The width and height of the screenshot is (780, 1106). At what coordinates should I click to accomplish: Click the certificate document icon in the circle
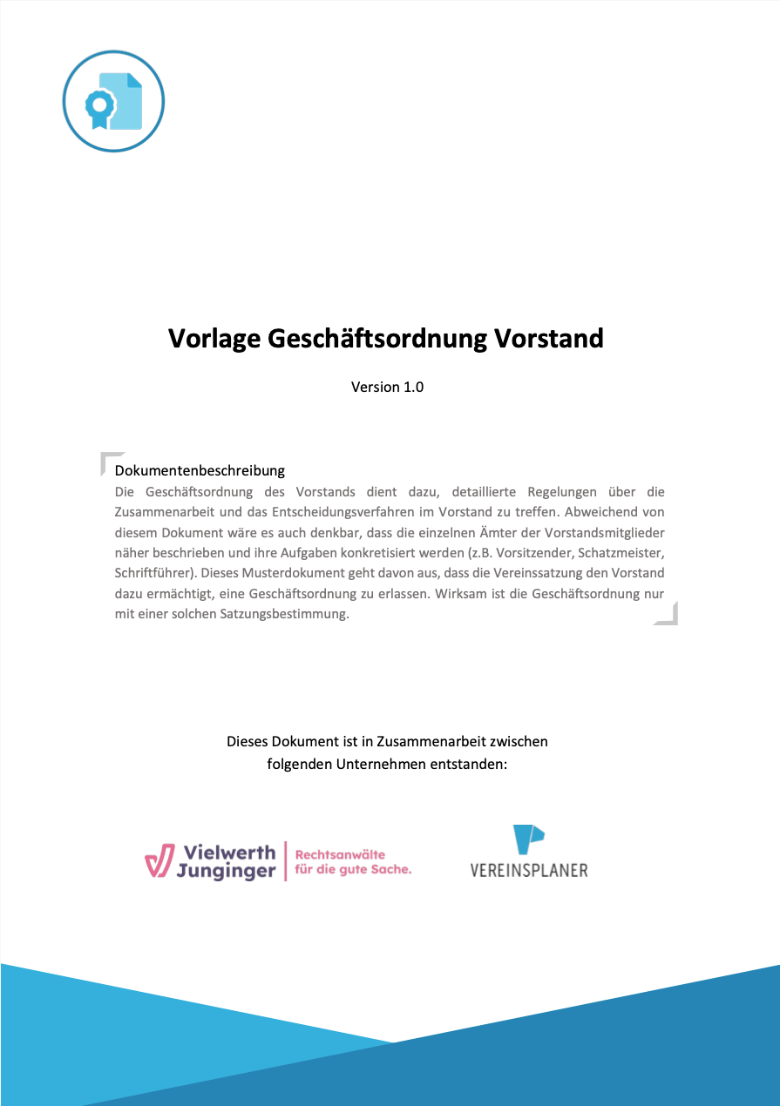pyautogui.click(x=113, y=102)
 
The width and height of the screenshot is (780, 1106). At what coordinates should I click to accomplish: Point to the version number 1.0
pyautogui.click(x=412, y=387)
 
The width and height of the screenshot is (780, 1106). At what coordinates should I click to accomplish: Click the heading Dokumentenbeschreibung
pyautogui.click(x=200, y=470)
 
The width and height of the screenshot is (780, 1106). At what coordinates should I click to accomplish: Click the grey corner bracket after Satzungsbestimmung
pyautogui.click(x=668, y=615)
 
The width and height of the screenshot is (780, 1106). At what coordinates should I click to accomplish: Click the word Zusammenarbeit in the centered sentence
pyautogui.click(x=413, y=742)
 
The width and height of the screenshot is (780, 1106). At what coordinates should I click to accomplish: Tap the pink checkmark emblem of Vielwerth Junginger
pyautogui.click(x=159, y=860)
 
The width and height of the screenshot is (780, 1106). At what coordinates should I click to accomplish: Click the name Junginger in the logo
pyautogui.click(x=226, y=871)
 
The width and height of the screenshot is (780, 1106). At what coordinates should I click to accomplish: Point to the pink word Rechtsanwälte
pyautogui.click(x=340, y=854)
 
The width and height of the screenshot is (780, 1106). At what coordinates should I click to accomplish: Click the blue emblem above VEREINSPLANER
pyautogui.click(x=527, y=839)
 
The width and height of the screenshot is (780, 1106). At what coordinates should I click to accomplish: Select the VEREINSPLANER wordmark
pyautogui.click(x=528, y=869)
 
